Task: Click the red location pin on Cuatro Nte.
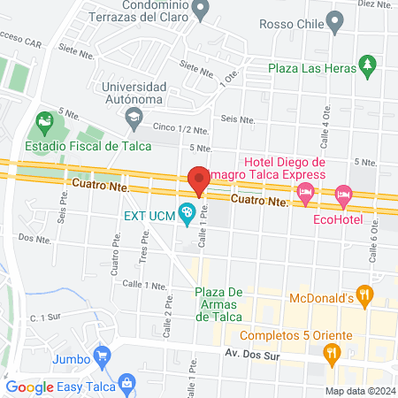click(x=198, y=180)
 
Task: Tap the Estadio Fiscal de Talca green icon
click(x=43, y=120)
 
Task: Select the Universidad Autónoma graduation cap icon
click(x=133, y=116)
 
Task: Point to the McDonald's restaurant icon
click(x=363, y=293)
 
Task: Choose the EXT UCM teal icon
click(x=187, y=212)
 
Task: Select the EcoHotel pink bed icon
click(x=344, y=193)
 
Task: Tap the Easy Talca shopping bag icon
click(x=128, y=385)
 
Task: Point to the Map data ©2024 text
click(x=360, y=391)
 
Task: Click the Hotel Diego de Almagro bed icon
click(x=306, y=192)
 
